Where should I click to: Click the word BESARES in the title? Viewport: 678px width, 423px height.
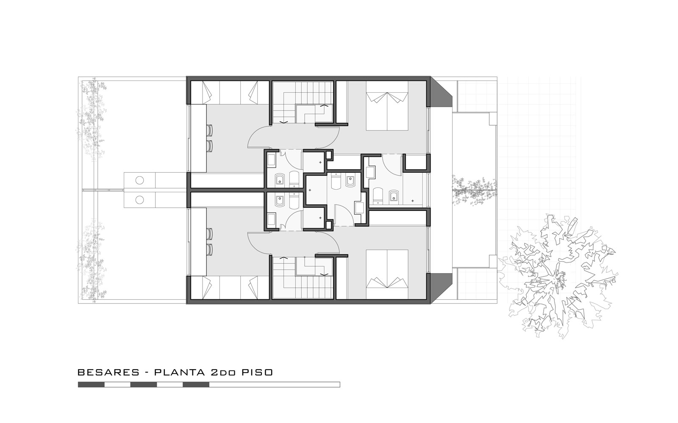coord(108,372)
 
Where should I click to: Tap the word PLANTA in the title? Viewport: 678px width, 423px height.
coord(180,372)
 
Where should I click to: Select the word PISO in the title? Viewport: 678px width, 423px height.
coord(257,372)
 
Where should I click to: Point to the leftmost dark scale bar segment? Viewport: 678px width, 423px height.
coord(91,384)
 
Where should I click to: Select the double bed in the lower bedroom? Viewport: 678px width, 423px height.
coord(387,274)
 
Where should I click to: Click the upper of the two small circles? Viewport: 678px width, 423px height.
coord(139,180)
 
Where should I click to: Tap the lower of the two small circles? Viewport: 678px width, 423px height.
coord(139,200)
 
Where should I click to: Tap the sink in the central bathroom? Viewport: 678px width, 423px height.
coord(360,208)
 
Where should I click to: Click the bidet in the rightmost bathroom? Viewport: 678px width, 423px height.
coord(393,196)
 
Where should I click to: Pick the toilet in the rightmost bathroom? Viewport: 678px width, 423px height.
coord(378,195)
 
